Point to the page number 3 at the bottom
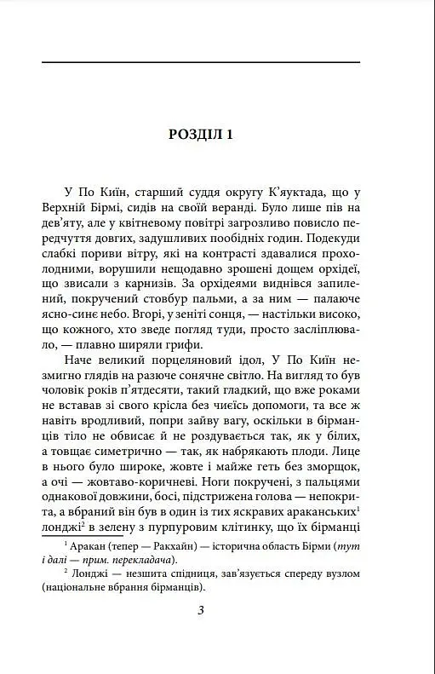201,610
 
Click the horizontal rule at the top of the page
201,62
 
